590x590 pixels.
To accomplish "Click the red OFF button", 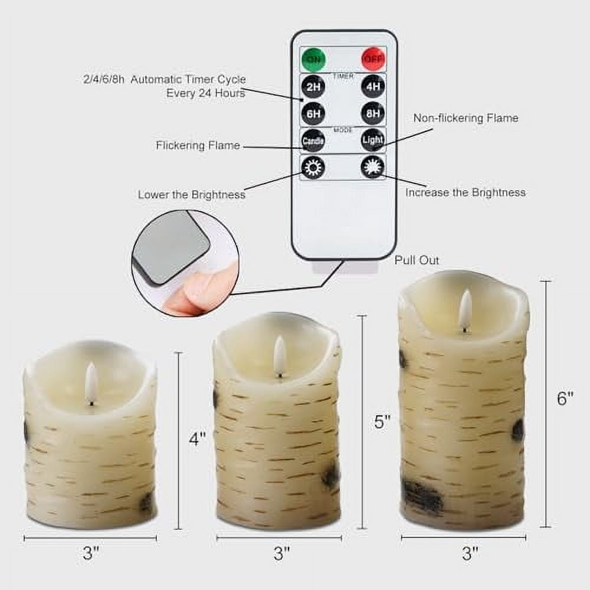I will tap(372, 59).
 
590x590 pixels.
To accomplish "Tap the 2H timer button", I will tap(312, 87).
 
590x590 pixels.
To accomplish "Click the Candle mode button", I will tap(313, 140).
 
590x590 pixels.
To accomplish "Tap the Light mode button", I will tap(373, 140).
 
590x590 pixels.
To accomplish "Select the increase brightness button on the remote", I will tap(373, 167).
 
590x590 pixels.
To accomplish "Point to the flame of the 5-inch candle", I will tap(279, 356).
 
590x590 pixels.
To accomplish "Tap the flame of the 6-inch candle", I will tap(465, 310).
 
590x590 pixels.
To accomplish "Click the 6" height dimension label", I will tap(565, 399).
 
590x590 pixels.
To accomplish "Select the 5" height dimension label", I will tap(382, 422).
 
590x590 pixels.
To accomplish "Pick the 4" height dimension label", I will tap(198, 440).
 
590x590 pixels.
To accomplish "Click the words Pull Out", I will tap(417, 260).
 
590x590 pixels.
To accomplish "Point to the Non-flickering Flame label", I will tap(466, 118).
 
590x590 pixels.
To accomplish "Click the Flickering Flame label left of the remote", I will tap(198, 145).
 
